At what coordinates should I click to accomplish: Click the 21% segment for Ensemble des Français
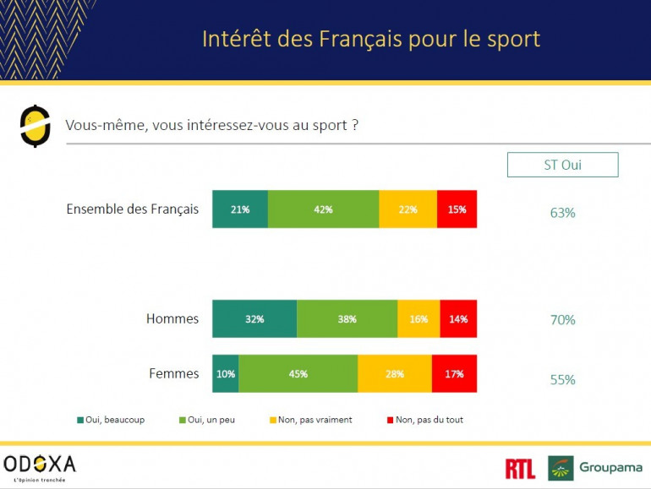pyautogui.click(x=240, y=209)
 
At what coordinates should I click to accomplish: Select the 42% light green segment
pyautogui.click(x=323, y=209)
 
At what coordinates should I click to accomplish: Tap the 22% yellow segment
pyautogui.click(x=408, y=209)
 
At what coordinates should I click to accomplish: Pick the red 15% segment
pyautogui.click(x=457, y=209)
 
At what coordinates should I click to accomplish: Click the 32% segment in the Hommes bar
pyautogui.click(x=254, y=318)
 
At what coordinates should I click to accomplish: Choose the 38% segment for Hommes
pyautogui.click(x=347, y=318)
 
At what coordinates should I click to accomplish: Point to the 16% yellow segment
pyautogui.click(x=418, y=318)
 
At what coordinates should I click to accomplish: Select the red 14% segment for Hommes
pyautogui.click(x=458, y=318)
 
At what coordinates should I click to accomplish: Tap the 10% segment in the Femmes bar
pyautogui.click(x=226, y=373)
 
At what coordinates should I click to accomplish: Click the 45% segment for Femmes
pyautogui.click(x=298, y=373)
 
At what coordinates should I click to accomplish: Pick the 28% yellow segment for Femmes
pyautogui.click(x=395, y=373)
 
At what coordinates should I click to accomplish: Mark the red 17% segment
pyautogui.click(x=454, y=373)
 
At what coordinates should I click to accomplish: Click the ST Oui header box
pyautogui.click(x=562, y=165)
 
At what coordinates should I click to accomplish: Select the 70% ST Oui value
pyautogui.click(x=562, y=320)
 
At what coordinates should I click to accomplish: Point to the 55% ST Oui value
pyautogui.click(x=562, y=380)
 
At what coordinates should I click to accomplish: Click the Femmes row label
pyautogui.click(x=173, y=373)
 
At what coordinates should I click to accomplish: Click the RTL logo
pyautogui.click(x=519, y=469)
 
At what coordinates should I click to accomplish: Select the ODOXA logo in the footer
pyautogui.click(x=40, y=465)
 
